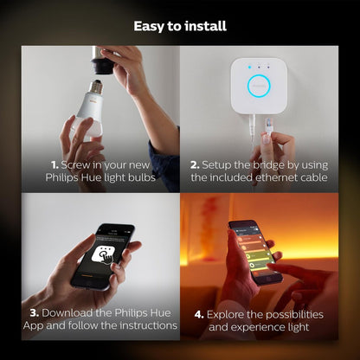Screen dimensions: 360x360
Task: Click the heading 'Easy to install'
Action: pyautogui.click(x=180, y=26)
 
